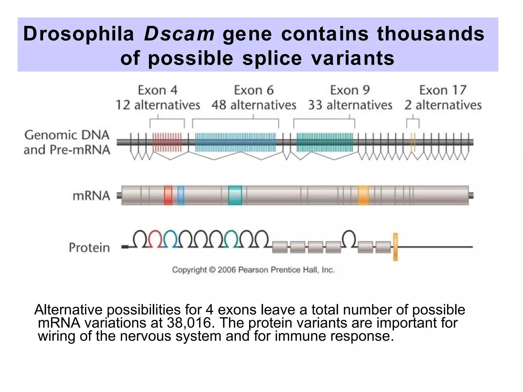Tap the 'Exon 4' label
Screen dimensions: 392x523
point(158,90)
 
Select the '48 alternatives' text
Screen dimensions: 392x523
point(254,105)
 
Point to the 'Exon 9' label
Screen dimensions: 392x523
point(350,90)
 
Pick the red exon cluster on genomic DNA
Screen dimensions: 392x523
point(167,142)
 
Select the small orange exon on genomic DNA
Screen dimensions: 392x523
point(413,142)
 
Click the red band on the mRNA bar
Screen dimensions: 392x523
point(168,195)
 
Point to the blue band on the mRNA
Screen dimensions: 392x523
point(181,195)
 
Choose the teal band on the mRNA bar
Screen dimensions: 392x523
point(235,195)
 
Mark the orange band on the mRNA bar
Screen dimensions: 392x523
point(363,195)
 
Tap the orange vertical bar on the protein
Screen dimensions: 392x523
point(395,247)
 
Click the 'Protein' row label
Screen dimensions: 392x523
point(89,248)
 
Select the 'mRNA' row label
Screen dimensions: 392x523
point(91,196)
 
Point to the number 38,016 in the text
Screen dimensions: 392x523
point(189,323)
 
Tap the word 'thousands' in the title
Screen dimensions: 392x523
point(431,34)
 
